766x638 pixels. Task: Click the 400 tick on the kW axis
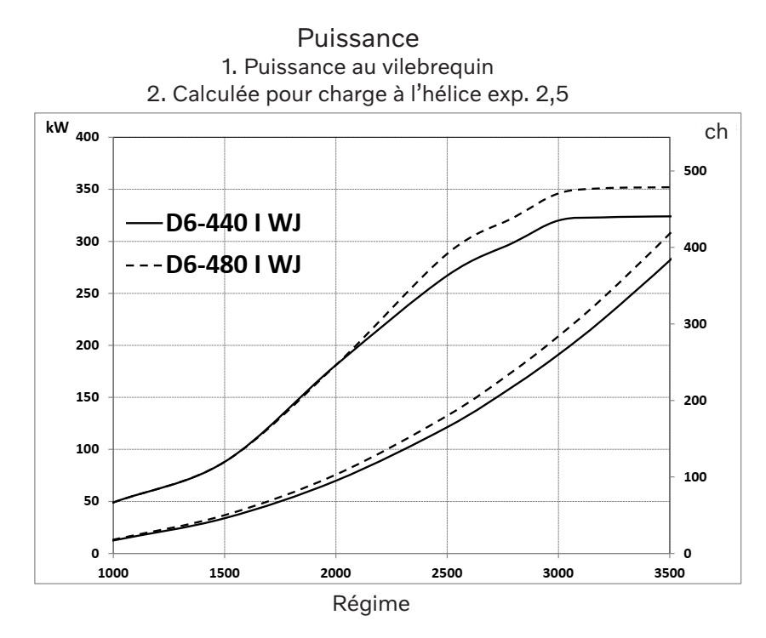[89, 138]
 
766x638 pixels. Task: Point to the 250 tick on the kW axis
[89, 293]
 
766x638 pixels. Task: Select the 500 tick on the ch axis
[695, 171]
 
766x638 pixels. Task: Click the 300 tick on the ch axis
[695, 324]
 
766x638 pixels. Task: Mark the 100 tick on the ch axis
[695, 477]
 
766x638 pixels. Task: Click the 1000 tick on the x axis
[113, 571]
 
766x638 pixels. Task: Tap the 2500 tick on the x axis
[447, 571]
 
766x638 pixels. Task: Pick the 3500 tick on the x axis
[669, 571]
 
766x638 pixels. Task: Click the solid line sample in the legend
[143, 224]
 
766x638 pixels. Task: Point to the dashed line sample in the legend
[143, 265]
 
